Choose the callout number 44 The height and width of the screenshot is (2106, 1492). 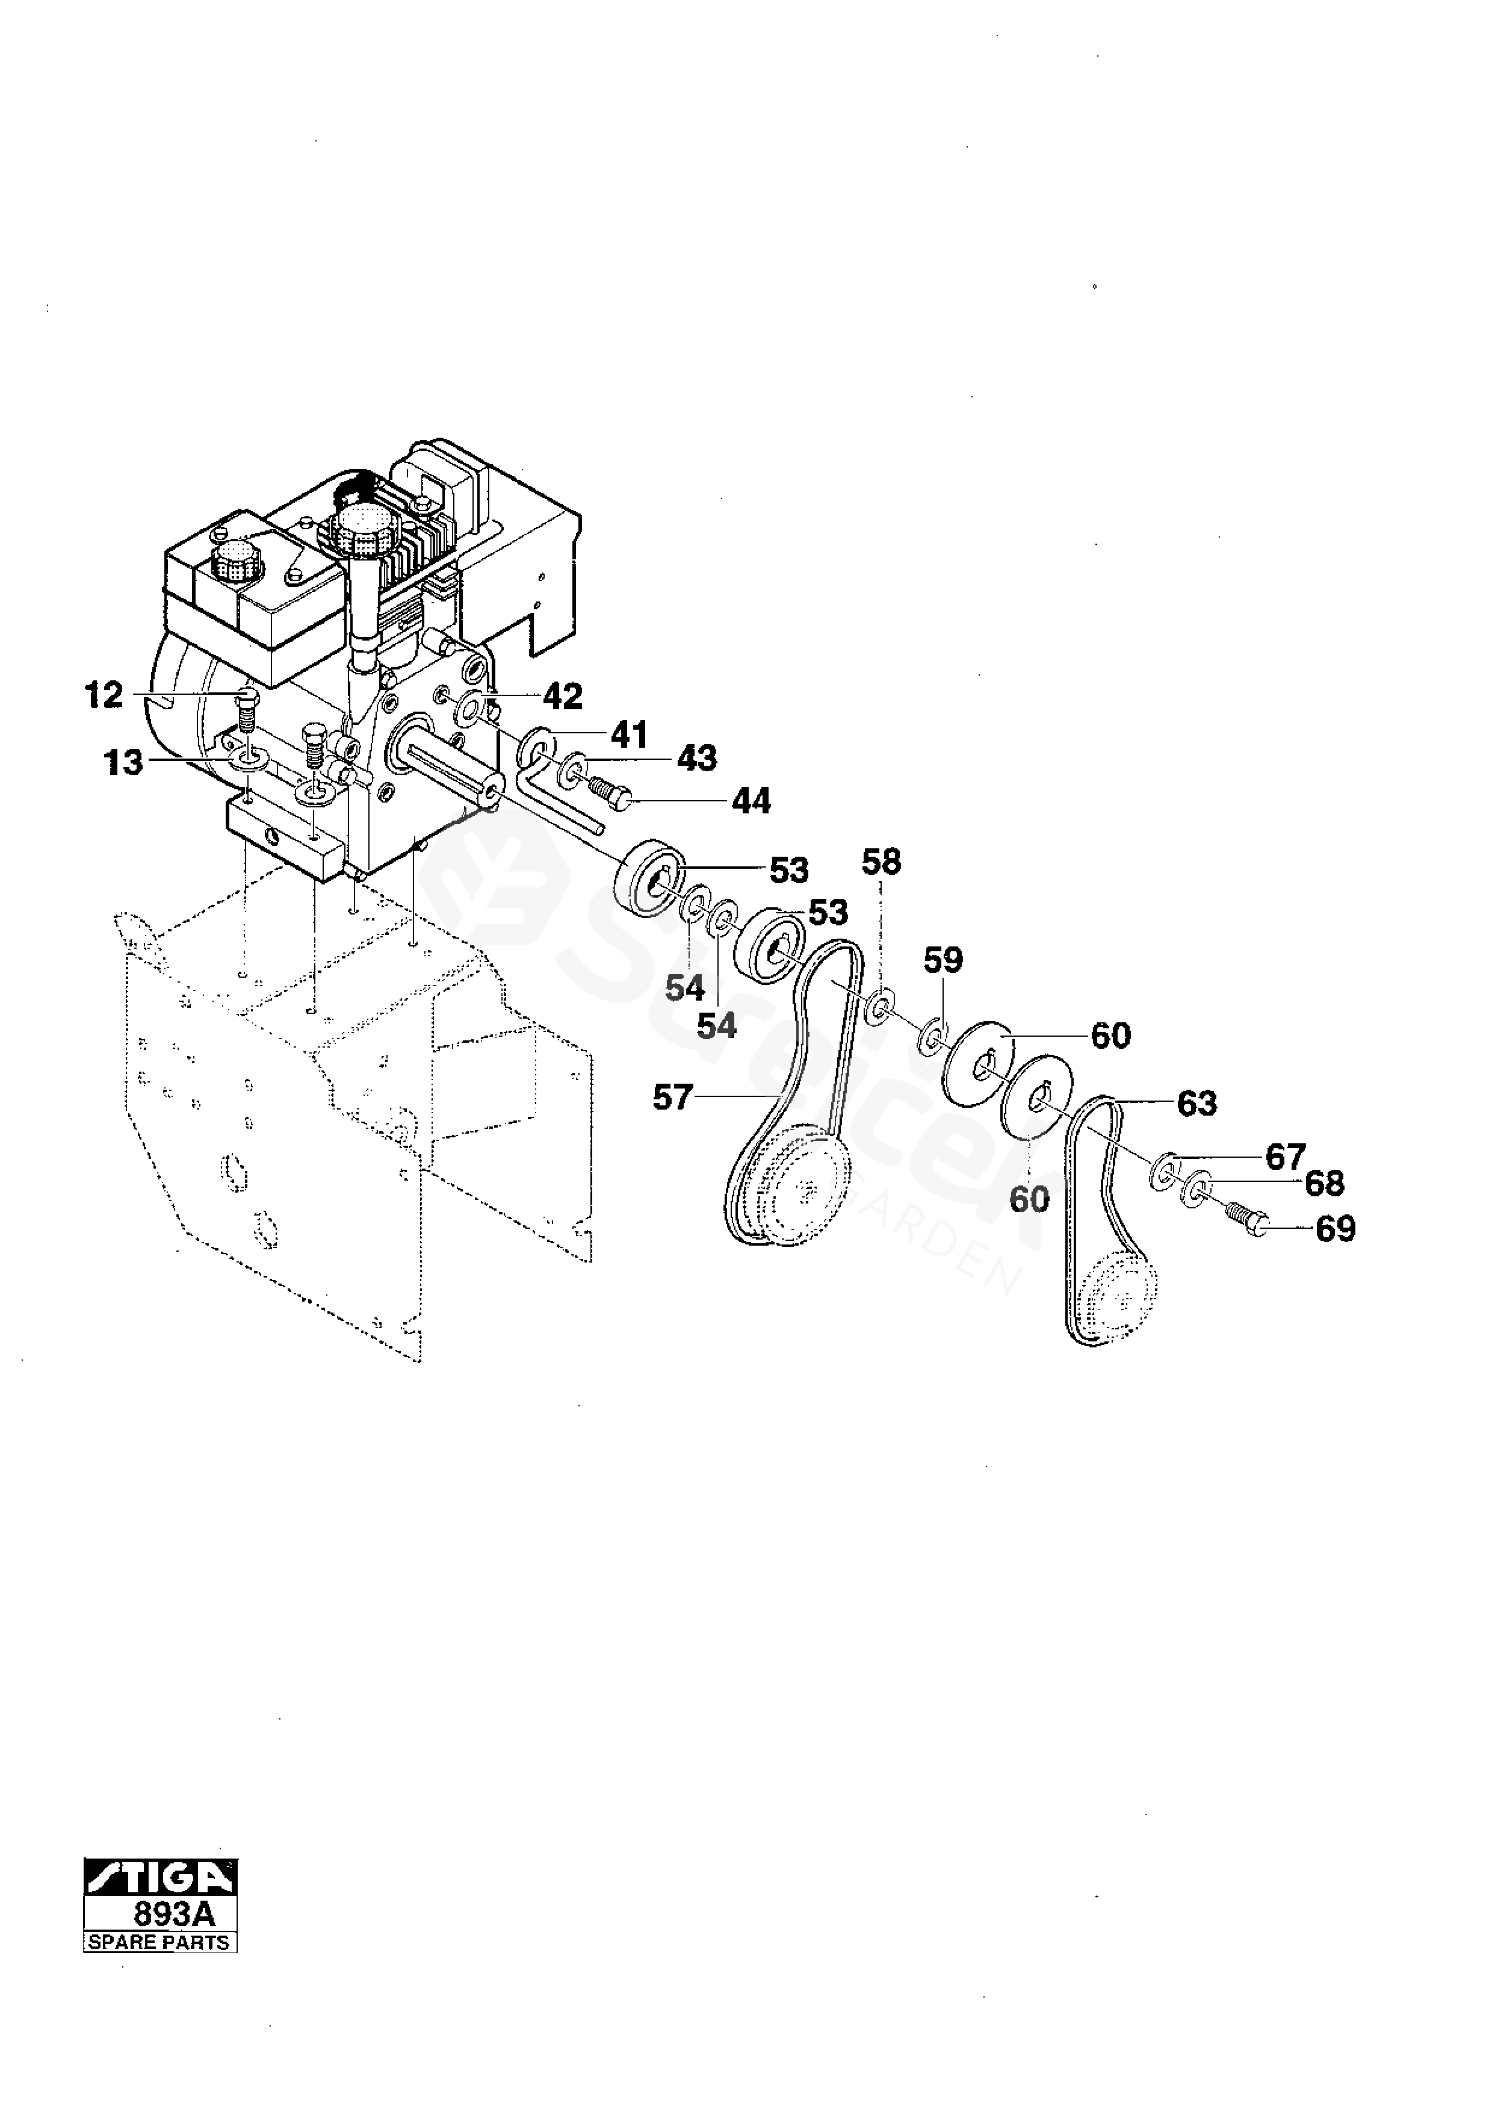[x=752, y=802]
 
